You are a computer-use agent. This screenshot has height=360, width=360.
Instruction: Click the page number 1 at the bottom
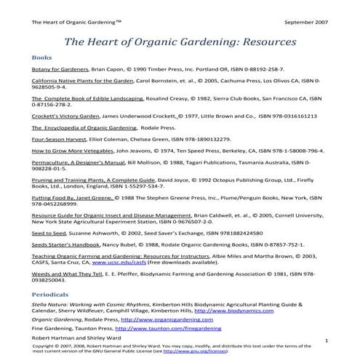pyautogui.click(x=327, y=340)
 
